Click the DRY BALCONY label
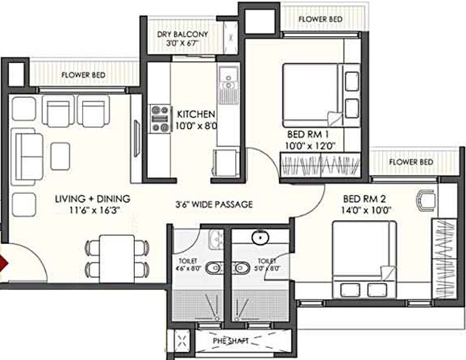tap(183, 34)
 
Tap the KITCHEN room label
tap(196, 115)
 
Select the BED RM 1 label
tap(311, 135)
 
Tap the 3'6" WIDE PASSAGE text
tap(214, 205)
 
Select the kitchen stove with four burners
tap(160, 119)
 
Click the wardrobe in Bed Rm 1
tap(320, 166)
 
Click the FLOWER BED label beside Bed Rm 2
tap(411, 162)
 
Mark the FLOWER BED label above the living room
tap(84, 75)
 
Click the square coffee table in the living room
tap(60, 156)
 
